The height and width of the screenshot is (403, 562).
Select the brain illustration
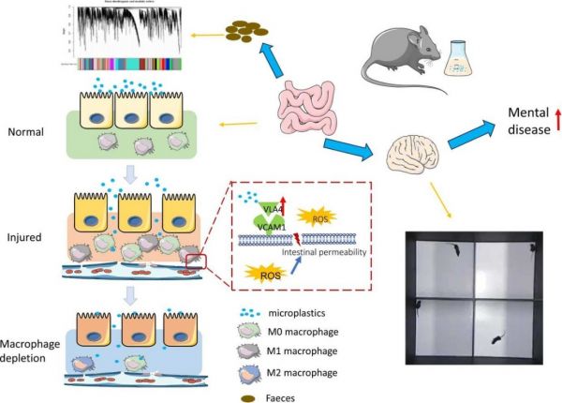(416, 156)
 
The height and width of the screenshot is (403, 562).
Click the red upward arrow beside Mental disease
(556, 119)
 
